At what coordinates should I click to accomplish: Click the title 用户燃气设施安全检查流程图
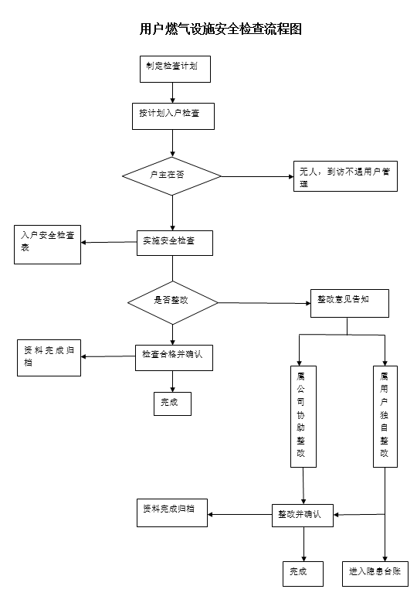[x=221, y=29]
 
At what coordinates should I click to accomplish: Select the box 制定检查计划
[x=175, y=69]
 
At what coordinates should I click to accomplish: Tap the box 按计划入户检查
[x=173, y=116]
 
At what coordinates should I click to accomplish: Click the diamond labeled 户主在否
[x=171, y=176]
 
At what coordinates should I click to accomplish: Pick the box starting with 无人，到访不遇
[x=346, y=176]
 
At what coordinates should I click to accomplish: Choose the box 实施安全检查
[x=175, y=243]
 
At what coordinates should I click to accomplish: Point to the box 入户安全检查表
[x=47, y=244]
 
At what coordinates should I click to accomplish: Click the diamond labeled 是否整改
[x=173, y=302]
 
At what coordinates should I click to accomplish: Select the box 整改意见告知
[x=350, y=303]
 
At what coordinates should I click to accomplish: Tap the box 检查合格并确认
[x=174, y=358]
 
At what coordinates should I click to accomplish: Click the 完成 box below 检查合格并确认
[x=172, y=404]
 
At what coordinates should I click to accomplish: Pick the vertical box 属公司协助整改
[x=303, y=417]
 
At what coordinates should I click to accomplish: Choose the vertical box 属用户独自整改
[x=385, y=417]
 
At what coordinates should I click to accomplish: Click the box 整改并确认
[x=303, y=516]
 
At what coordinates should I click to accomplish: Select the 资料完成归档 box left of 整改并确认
[x=172, y=513]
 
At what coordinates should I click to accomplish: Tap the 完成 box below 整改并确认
[x=303, y=574]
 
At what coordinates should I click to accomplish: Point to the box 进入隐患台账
[x=375, y=574]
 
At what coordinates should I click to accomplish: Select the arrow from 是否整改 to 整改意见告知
[x=264, y=303]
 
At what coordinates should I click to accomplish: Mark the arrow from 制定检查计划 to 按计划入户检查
[x=172, y=93]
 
